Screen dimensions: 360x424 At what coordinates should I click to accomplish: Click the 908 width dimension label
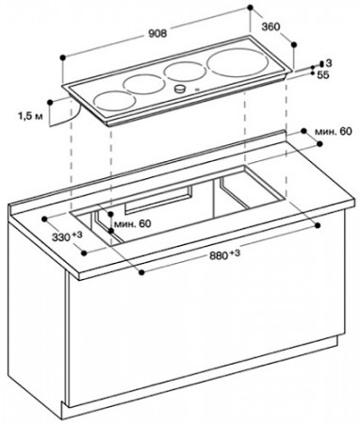[x=157, y=33]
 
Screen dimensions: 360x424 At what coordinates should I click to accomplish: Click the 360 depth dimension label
[x=270, y=27]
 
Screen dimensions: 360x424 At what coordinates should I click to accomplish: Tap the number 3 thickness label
[x=329, y=63]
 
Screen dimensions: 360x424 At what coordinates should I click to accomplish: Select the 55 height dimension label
[x=323, y=75]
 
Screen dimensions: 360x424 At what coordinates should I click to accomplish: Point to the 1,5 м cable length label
[x=30, y=117]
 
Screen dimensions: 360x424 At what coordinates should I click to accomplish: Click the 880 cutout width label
[x=224, y=255]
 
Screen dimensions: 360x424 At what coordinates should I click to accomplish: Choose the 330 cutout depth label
[x=67, y=236]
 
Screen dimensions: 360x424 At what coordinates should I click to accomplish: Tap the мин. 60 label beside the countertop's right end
[x=334, y=132]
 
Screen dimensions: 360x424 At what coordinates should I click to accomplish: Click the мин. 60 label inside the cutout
[x=132, y=224]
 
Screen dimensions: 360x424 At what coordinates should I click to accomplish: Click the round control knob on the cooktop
[x=180, y=89]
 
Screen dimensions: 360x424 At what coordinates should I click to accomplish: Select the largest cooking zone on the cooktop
[x=237, y=63]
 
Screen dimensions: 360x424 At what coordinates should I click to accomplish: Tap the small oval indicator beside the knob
[x=197, y=90]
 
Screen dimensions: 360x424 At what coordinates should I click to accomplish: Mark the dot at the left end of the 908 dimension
[x=63, y=57]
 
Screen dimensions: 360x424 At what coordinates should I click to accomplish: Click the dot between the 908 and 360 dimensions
[x=250, y=7]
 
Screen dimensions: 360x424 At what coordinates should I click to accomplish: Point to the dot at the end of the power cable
[x=50, y=102]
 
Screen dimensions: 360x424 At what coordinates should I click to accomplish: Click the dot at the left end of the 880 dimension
[x=141, y=272]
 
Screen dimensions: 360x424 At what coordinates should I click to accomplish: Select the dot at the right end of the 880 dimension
[x=319, y=225]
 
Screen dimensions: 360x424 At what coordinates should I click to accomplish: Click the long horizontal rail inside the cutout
[x=158, y=201]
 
